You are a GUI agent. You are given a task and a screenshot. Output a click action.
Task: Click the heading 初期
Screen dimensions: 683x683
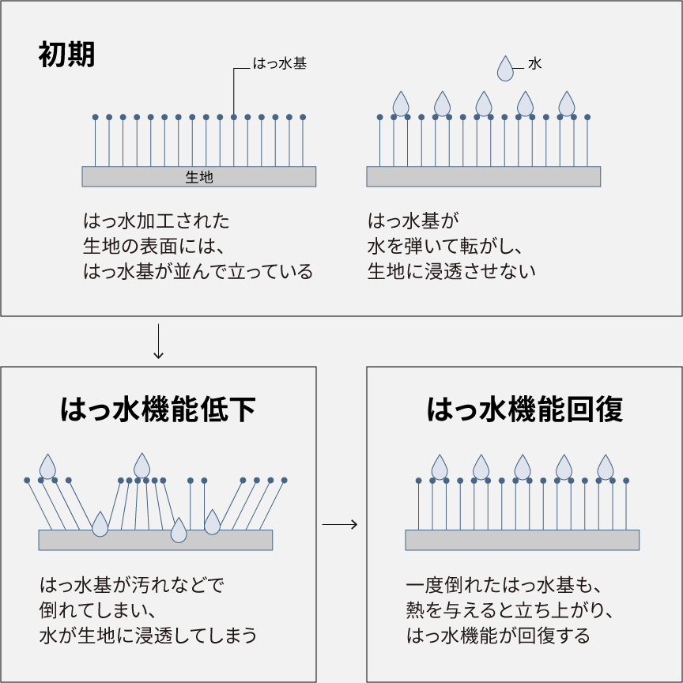(66, 55)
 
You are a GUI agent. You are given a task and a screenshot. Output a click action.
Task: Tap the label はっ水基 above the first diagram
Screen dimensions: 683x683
(279, 65)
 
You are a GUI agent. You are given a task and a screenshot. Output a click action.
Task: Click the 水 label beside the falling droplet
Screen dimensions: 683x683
(534, 65)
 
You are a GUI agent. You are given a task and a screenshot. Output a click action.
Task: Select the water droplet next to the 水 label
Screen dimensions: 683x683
(505, 69)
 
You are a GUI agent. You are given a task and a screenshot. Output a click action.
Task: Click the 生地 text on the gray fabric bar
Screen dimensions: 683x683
(199, 177)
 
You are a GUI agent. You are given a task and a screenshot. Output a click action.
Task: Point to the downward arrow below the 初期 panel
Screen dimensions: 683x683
(158, 341)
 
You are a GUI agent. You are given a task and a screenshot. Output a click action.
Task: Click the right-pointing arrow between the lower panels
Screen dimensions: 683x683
(341, 524)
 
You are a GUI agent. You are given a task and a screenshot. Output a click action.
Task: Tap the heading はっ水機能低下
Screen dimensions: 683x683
(158, 410)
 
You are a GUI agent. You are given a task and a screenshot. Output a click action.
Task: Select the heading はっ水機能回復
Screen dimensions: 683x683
(525, 410)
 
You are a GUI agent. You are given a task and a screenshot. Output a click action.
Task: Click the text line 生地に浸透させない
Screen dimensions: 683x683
(451, 271)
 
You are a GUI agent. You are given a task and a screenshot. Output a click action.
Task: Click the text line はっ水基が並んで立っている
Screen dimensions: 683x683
(198, 271)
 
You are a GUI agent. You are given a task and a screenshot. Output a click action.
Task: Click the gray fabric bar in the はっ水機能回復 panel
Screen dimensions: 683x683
(522, 540)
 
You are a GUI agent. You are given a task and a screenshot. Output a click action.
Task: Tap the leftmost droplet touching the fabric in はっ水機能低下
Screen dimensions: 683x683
(100, 524)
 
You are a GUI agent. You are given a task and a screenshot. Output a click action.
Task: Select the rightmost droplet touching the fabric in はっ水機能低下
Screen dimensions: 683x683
(212, 522)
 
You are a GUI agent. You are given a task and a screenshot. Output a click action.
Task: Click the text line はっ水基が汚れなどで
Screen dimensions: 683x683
(132, 587)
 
